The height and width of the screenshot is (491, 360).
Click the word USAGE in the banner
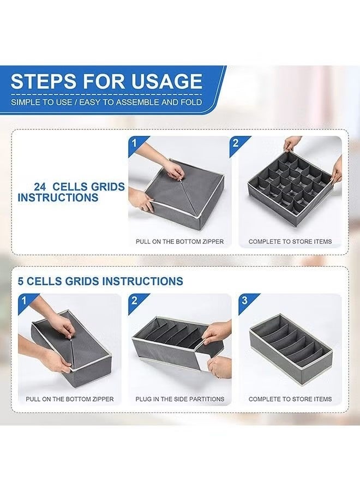click(x=166, y=81)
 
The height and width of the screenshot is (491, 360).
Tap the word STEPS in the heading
click(x=44, y=81)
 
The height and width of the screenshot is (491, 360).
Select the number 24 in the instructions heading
click(x=40, y=187)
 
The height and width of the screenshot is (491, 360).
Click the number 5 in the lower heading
click(x=21, y=281)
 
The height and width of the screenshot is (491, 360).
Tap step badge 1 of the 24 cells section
click(x=134, y=143)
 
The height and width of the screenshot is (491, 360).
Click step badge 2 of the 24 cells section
click(x=236, y=143)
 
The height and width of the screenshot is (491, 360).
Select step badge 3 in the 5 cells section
click(x=244, y=300)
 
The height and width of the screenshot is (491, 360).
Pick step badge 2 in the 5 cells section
click(x=134, y=301)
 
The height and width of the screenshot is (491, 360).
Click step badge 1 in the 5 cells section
click(x=24, y=301)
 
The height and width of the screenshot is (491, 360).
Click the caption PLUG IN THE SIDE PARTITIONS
click(x=180, y=399)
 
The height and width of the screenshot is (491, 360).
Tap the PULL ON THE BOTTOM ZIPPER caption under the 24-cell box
click(x=179, y=242)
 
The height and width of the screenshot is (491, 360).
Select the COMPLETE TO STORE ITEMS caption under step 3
click(x=290, y=399)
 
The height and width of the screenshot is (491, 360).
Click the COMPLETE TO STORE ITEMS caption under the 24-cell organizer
click(x=290, y=242)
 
